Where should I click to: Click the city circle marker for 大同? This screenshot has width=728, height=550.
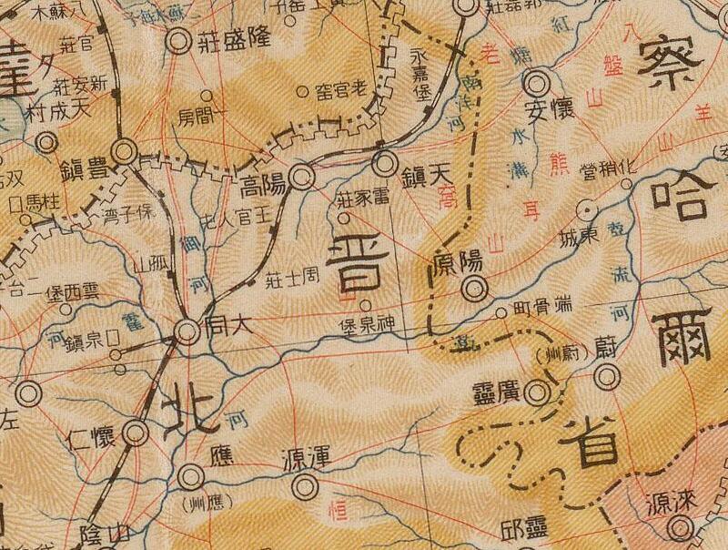(x=187, y=333)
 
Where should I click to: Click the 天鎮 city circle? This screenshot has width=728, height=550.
(x=386, y=165)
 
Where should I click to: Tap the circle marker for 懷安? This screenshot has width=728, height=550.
(x=535, y=86)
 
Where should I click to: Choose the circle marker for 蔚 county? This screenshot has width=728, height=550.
(x=607, y=376)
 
